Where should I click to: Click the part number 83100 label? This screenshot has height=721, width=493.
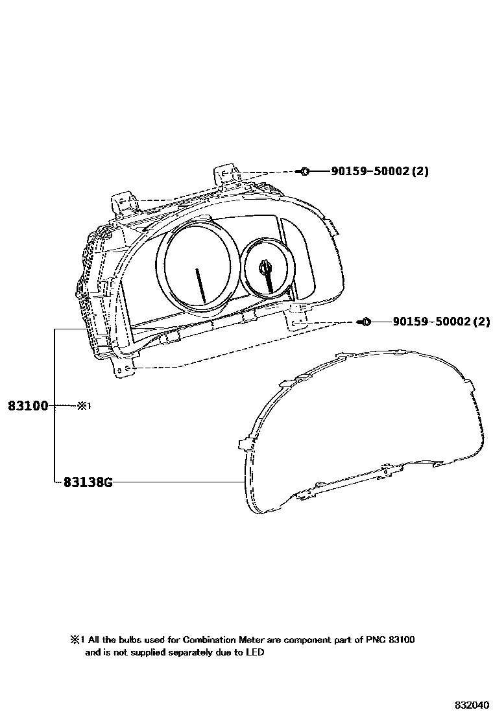[28, 406]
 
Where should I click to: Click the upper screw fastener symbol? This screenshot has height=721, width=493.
[304, 172]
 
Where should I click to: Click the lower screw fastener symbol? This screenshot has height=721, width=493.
[365, 322]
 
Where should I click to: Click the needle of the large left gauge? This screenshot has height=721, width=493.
[200, 285]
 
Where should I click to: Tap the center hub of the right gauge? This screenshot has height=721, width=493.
[266, 266]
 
